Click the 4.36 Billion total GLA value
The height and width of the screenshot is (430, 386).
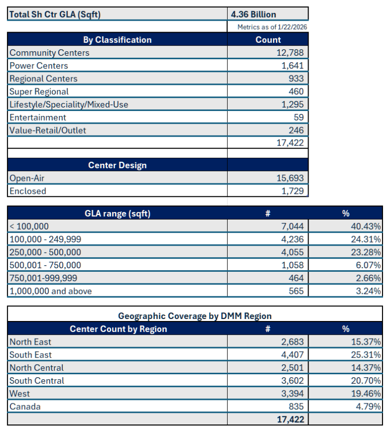pos(254,15)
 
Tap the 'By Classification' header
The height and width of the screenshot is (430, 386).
pos(117,40)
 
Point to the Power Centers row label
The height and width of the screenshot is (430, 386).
pos(39,66)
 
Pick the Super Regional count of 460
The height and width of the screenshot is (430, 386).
pos(296,91)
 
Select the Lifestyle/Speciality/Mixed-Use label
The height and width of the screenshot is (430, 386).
pos(69,104)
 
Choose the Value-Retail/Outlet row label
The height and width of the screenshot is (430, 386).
pos(48,130)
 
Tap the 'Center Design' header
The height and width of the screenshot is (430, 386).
pos(117,165)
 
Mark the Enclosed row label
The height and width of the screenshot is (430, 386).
pos(28,191)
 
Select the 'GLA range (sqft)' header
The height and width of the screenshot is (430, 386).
pos(117,213)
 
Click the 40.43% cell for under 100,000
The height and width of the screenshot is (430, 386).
pos(365,227)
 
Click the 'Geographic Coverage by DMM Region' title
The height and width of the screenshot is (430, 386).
pos(195,316)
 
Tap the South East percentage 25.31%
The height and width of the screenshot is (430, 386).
pos(365,355)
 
